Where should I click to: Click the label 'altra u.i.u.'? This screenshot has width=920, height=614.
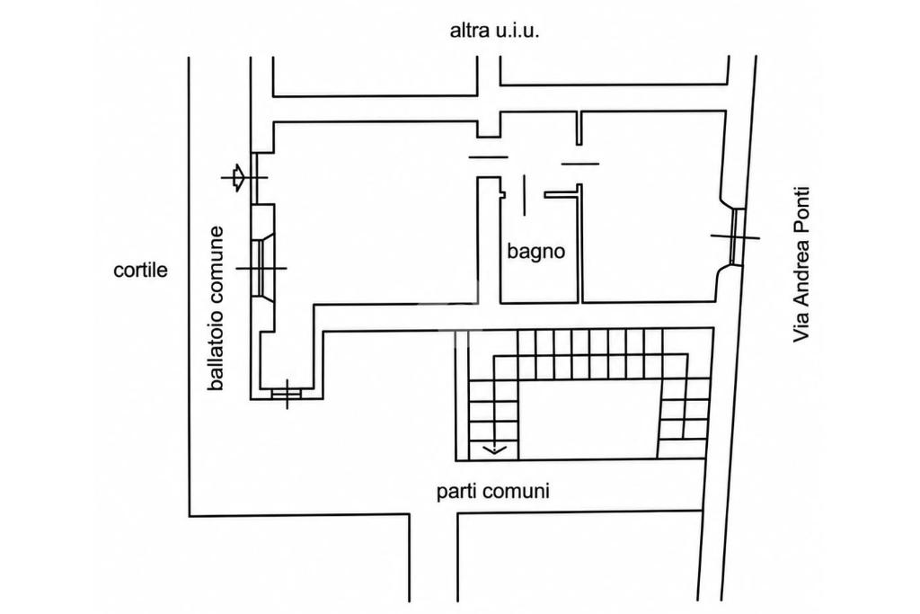pyautogui.click(x=494, y=31)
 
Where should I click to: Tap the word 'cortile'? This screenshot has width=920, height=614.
pyautogui.click(x=141, y=270)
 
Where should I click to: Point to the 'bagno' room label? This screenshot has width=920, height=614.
pyautogui.click(x=536, y=252)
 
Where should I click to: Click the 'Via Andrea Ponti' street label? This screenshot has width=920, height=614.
pyautogui.click(x=801, y=264)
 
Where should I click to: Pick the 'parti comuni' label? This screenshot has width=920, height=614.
pyautogui.click(x=493, y=491)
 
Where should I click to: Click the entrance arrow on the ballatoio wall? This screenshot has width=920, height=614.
pyautogui.click(x=238, y=177)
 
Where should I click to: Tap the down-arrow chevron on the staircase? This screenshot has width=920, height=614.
pyautogui.click(x=495, y=450)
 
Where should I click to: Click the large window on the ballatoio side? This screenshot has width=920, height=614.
pyautogui.click(x=260, y=268)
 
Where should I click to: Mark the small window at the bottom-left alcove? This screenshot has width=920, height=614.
pyautogui.click(x=287, y=394)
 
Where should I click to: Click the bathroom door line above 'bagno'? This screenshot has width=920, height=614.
pyautogui.click(x=524, y=195)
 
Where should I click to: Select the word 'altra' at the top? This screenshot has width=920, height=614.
pyautogui.click(x=467, y=31)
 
